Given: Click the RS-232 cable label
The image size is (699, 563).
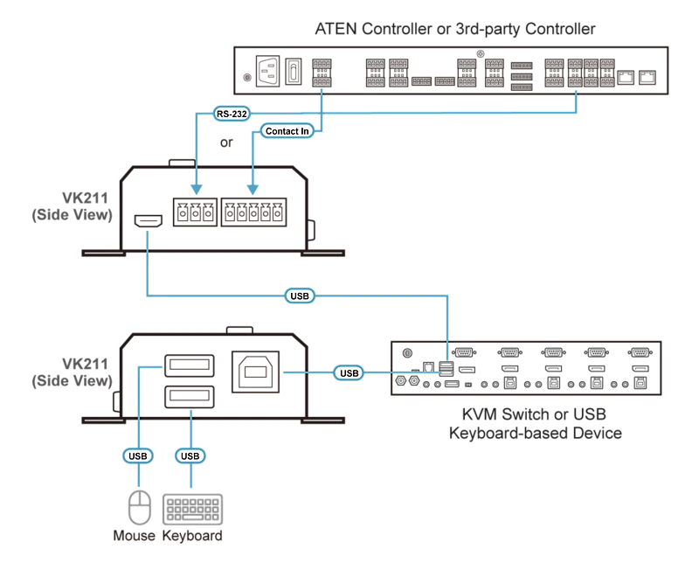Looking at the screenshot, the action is pyautogui.click(x=232, y=114).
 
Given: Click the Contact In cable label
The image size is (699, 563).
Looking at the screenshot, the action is pyautogui.click(x=287, y=131).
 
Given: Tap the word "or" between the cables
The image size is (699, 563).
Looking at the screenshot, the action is pyautogui.click(x=226, y=142).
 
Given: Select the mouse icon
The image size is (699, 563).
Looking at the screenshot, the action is pyautogui.click(x=140, y=507).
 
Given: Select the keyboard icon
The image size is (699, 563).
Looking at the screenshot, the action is pyautogui.click(x=192, y=509).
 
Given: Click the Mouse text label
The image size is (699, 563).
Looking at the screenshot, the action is pyautogui.click(x=135, y=535).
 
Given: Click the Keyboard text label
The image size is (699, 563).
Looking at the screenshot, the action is pyautogui.click(x=192, y=535).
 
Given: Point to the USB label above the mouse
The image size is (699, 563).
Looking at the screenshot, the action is pyautogui.click(x=138, y=456).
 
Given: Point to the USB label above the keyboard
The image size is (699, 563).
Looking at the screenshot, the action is pyautogui.click(x=190, y=456).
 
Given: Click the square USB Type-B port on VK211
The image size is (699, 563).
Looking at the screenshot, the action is pyautogui.click(x=255, y=372).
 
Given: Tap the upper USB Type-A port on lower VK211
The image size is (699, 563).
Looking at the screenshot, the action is pyautogui.click(x=190, y=365).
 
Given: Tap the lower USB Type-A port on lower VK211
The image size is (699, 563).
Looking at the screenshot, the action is pyautogui.click(x=190, y=397).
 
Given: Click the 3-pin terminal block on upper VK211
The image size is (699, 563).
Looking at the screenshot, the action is pyautogui.click(x=195, y=212).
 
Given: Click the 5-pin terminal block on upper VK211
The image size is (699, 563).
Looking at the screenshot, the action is pyautogui.click(x=253, y=212).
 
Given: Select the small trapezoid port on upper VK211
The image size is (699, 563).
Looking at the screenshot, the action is pyautogui.click(x=149, y=221).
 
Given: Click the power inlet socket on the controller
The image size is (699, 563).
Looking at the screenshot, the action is pyautogui.click(x=268, y=71).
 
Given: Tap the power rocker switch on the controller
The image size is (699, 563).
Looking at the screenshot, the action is pyautogui.click(x=294, y=72).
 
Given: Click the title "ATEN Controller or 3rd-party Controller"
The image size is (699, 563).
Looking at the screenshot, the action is pyautogui.click(x=455, y=29).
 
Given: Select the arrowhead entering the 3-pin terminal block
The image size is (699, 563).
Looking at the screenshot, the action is pyautogui.click(x=197, y=190).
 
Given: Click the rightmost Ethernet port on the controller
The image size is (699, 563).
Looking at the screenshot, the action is pyautogui.click(x=647, y=77).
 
